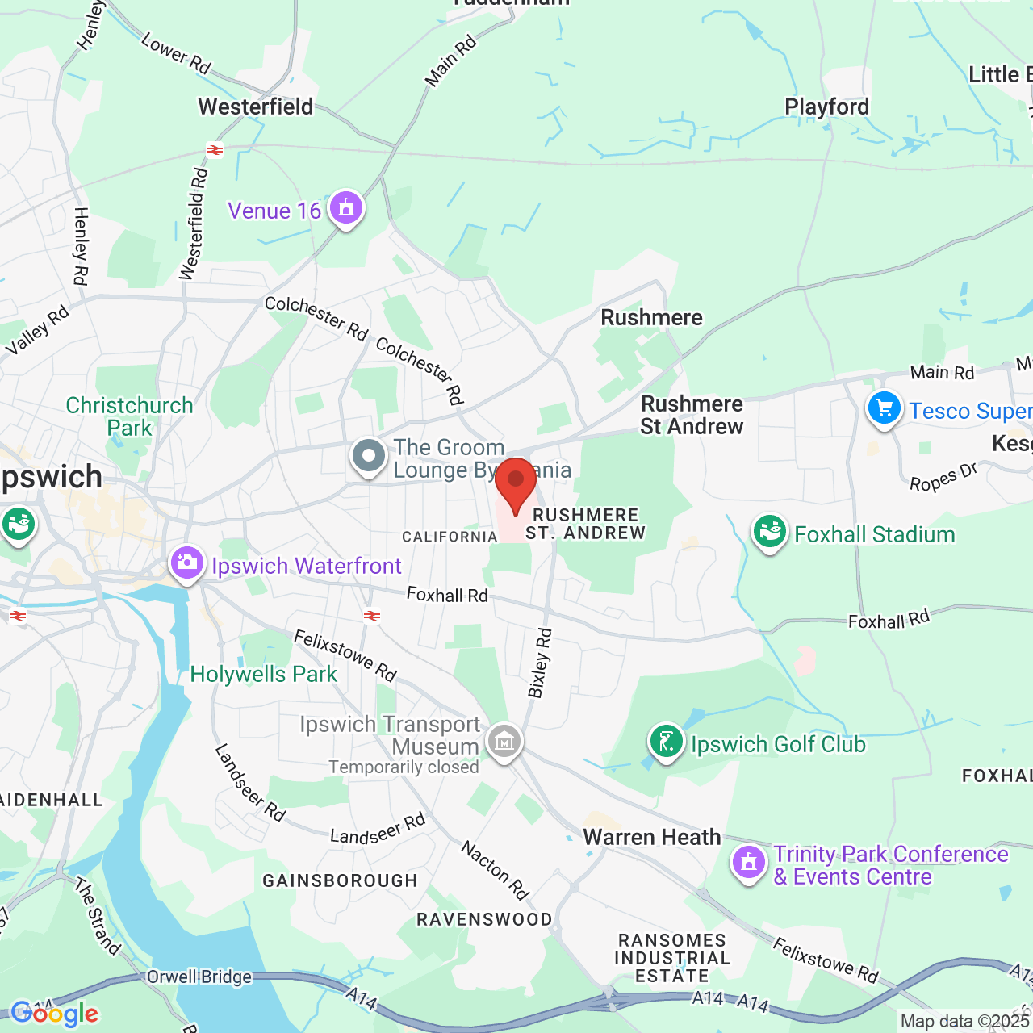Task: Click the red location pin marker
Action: (x=515, y=483)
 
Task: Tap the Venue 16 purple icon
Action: (x=346, y=208)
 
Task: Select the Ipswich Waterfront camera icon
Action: (x=187, y=563)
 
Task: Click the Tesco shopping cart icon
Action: (x=884, y=408)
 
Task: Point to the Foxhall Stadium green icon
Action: (x=770, y=532)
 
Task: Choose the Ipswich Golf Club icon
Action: (x=667, y=742)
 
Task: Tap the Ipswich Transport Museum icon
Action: (x=504, y=740)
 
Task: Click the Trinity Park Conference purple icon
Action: (x=748, y=863)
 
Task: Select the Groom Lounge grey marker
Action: (x=369, y=456)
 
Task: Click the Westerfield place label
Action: (x=255, y=107)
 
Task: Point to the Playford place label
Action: (x=826, y=107)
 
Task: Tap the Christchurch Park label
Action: (x=129, y=416)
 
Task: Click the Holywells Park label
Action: (x=263, y=675)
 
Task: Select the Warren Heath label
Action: (x=651, y=837)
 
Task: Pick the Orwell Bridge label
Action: (x=199, y=977)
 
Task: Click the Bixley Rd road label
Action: (x=540, y=663)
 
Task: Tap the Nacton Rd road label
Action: (x=495, y=870)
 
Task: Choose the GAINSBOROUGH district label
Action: (x=340, y=880)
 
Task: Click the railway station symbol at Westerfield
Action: (x=215, y=150)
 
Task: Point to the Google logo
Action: (x=54, y=1014)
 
